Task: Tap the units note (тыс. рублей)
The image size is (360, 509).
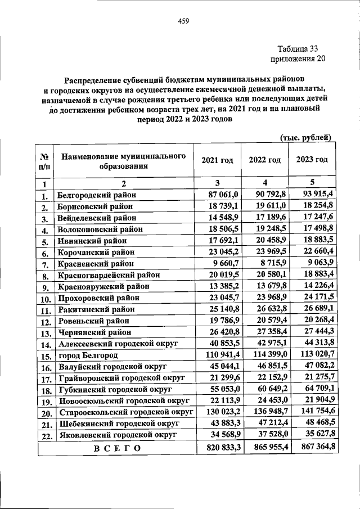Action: (305, 153)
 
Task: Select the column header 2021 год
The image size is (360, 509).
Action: (217, 160)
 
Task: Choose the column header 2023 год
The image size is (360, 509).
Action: (312, 160)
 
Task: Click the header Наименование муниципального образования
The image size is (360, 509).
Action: (124, 160)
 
